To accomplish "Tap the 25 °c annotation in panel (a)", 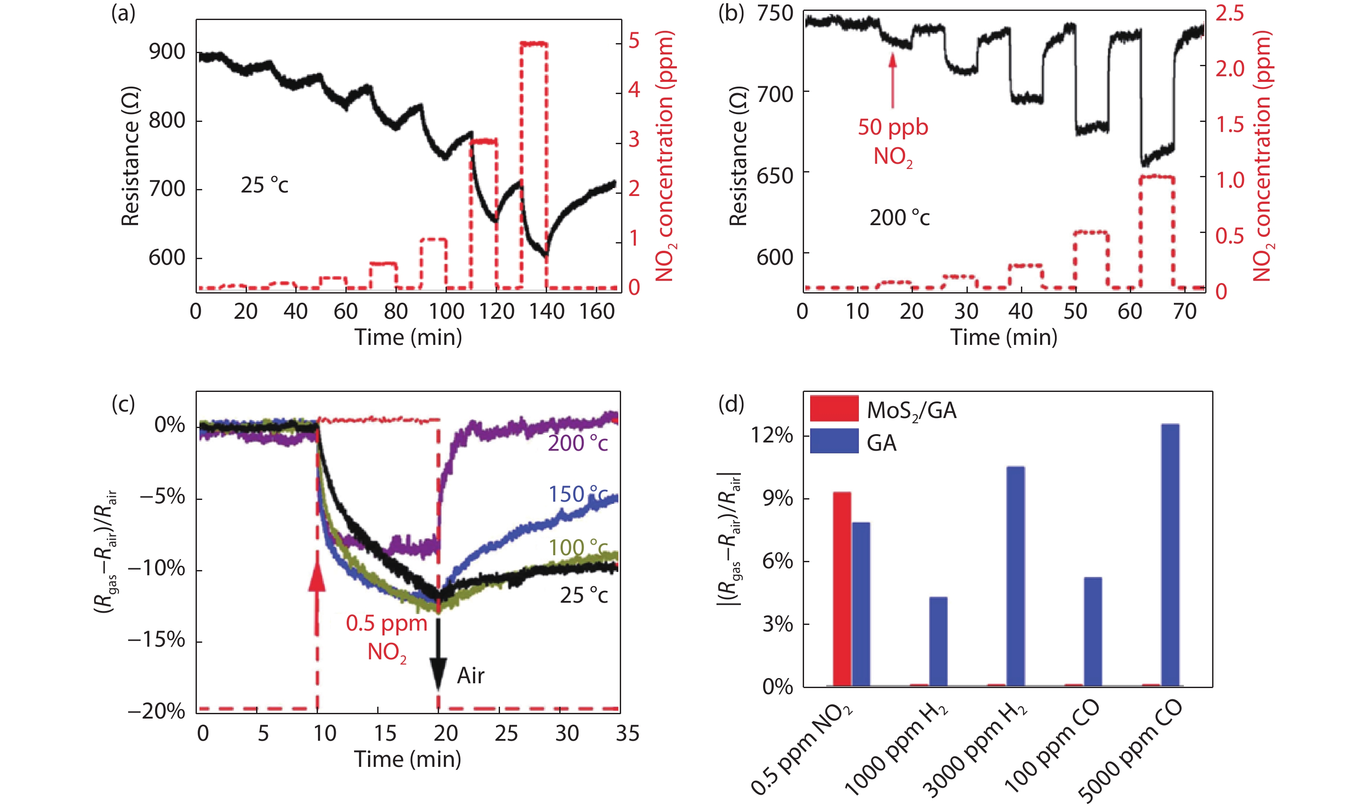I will [x=264, y=186].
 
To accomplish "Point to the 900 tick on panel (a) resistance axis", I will [x=167, y=52].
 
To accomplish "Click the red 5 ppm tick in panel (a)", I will [x=634, y=41].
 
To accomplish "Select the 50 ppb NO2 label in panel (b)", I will [x=893, y=142].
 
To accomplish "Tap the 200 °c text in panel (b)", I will [x=899, y=218].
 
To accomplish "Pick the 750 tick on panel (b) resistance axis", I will [x=775, y=13].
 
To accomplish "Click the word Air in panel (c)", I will [x=470, y=676].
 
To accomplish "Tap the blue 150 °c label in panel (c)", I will [x=578, y=494].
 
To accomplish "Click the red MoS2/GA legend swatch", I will [x=834, y=409].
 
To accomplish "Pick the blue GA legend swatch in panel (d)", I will [x=834, y=441].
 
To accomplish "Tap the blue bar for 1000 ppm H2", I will [x=938, y=641].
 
